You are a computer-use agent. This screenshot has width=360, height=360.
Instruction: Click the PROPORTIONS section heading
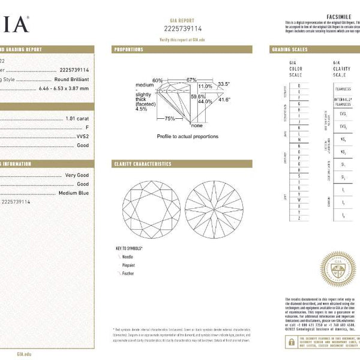tap(129, 50)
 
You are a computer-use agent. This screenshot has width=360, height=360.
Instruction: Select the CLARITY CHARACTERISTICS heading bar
tap(143, 164)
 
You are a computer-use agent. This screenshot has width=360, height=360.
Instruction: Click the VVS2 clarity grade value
tap(81, 136)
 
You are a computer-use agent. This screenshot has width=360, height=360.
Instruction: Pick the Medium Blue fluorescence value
tap(74, 193)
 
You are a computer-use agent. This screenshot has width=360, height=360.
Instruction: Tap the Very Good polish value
tap(77, 175)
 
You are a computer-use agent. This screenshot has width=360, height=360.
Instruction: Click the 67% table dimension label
tap(191, 80)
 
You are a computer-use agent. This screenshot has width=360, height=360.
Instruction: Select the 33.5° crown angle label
tap(224, 85)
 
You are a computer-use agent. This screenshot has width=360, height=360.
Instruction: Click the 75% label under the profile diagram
tap(170, 118)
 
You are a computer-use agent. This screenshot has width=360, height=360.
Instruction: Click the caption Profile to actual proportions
tap(187, 136)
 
